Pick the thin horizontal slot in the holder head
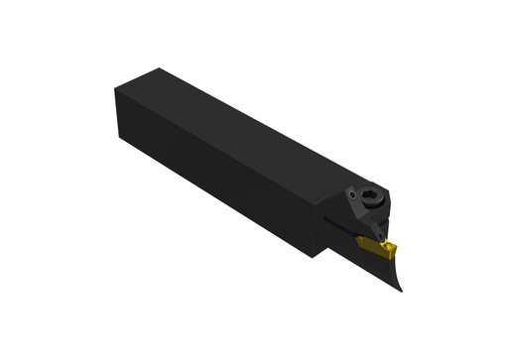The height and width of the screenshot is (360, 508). tap(342, 227)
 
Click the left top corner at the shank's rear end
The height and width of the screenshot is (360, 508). tap(116, 88)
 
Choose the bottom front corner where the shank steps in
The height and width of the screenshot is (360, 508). tap(317, 257)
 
